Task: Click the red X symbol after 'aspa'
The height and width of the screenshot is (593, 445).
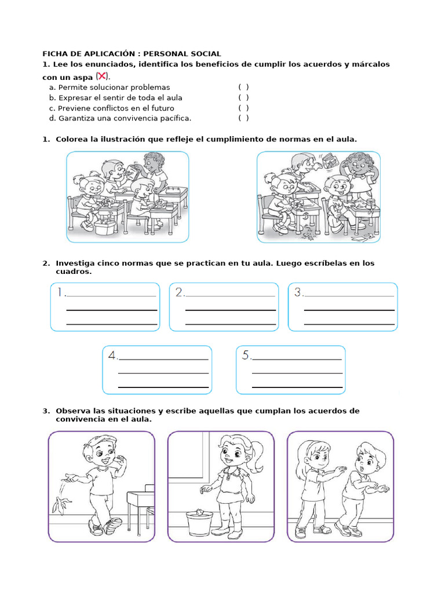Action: point(102,76)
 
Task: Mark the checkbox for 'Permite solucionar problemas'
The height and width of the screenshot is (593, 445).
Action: point(243,87)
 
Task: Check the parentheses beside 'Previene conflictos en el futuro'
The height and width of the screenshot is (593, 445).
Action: point(243,108)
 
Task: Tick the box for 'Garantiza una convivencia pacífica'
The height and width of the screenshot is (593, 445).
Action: point(243,118)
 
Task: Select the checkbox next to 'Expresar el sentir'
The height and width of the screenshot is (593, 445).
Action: point(243,97)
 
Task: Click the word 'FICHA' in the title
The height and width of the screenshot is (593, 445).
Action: point(55,54)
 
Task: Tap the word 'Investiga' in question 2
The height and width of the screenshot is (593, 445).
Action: point(75,263)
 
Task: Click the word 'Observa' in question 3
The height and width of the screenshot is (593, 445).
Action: point(74,411)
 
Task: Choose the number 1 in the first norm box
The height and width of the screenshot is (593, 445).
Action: point(60,292)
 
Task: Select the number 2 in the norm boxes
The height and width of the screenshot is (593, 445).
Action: point(180,292)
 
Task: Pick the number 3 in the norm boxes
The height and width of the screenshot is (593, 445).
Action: point(298,292)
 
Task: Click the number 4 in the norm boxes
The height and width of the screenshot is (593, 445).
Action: point(112,356)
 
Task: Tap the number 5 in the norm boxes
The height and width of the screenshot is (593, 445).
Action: point(246,356)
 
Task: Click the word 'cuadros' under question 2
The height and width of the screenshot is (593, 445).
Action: point(72,272)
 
